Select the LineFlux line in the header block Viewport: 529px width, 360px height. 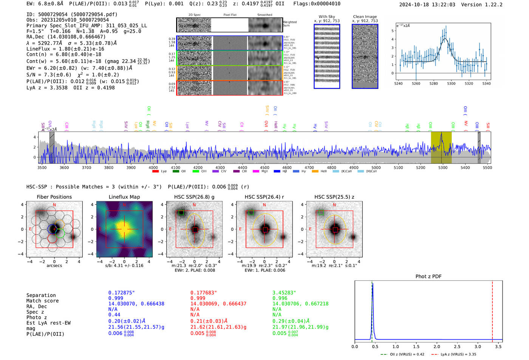click(x=65, y=49)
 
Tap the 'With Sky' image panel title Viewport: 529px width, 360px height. click(x=327, y=17)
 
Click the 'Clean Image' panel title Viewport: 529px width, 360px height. click(x=365, y=17)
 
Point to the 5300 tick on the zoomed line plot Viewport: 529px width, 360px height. click(x=451, y=83)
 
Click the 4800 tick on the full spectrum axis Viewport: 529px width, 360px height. click(x=331, y=168)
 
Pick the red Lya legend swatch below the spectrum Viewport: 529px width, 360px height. click(x=155, y=172)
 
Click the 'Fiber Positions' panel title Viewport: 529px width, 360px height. click(x=54, y=197)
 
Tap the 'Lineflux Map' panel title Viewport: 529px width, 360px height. click(x=124, y=197)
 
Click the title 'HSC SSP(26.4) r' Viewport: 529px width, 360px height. click(x=264, y=197)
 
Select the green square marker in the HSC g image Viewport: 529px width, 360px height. click(x=181, y=213)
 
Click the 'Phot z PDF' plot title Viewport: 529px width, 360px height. click(x=428, y=277)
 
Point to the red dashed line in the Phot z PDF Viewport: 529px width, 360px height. click(x=492, y=310)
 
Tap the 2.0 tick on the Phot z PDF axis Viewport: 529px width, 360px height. click(x=437, y=346)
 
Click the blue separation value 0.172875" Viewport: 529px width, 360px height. click(x=121, y=293)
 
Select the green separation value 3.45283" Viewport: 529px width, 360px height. click(x=284, y=293)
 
